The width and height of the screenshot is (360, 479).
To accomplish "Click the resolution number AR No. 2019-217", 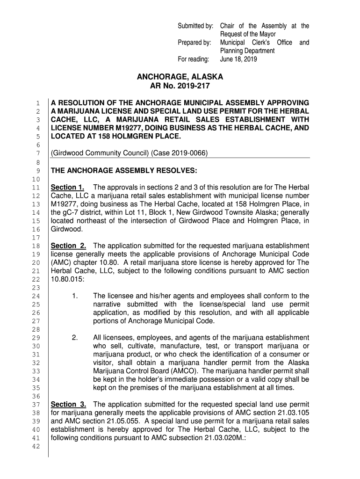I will click(180, 87).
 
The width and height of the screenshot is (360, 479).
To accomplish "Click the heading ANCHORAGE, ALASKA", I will click(180, 77).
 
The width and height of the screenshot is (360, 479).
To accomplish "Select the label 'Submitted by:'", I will click(196, 26).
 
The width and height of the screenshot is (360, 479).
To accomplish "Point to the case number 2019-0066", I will click(190, 153).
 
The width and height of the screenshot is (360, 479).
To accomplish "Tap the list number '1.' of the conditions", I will click(75, 296).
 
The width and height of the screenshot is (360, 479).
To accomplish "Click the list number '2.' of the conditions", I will click(75, 338).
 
